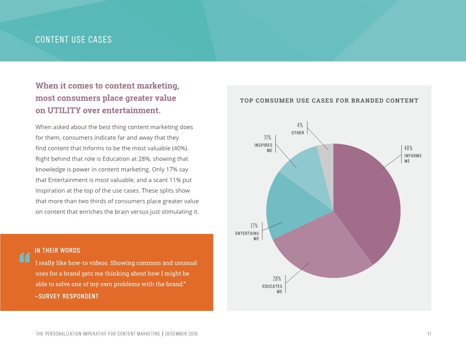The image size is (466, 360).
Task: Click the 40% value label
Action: pyautogui.click(x=408, y=148)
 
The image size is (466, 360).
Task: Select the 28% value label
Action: pyautogui.click(x=277, y=279)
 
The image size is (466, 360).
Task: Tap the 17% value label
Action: pyautogui.click(x=254, y=226)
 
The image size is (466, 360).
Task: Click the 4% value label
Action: pyautogui.click(x=300, y=125)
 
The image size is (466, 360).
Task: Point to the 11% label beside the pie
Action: pyautogui.click(x=267, y=138)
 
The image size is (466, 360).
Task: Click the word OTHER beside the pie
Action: pyautogui.click(x=298, y=133)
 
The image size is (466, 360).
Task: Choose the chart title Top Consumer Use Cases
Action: pyautogui.click(x=329, y=100)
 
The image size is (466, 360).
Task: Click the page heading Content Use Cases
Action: pyautogui.click(x=73, y=39)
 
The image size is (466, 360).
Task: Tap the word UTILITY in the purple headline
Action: pyautogui.click(x=64, y=110)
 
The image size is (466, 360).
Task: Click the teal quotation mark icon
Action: pyautogui.click(x=25, y=257)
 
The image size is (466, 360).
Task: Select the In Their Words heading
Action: pyautogui.click(x=57, y=250)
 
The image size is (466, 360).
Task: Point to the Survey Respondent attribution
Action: pyautogui.click(x=67, y=296)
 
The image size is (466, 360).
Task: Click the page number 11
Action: pyautogui.click(x=429, y=334)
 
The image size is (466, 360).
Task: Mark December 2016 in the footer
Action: pyautogui.click(x=181, y=334)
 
